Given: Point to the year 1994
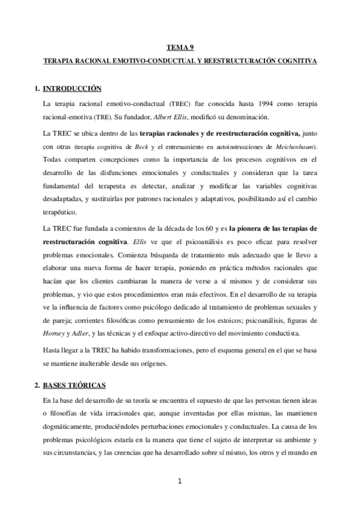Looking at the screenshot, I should point(251,103).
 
